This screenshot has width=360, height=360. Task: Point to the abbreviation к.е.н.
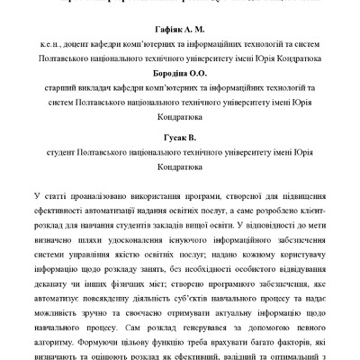64,49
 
